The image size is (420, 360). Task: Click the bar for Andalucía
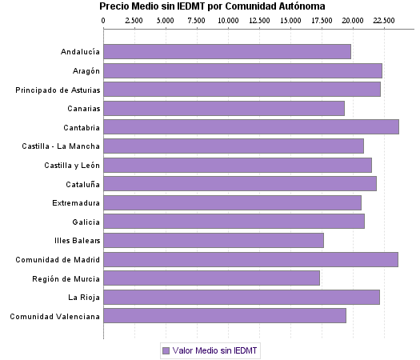click(x=227, y=52)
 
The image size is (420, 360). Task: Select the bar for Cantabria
click(x=251, y=127)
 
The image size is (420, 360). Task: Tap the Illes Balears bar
click(x=214, y=240)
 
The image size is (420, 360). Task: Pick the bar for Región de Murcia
click(x=212, y=278)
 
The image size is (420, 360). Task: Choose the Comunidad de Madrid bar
click(x=250, y=259)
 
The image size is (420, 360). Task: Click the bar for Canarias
click(x=224, y=108)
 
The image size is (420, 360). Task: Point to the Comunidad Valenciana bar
click(x=225, y=316)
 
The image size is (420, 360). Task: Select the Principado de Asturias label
click(x=58, y=90)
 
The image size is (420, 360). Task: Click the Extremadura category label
click(x=76, y=202)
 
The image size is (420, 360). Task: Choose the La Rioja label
click(x=84, y=297)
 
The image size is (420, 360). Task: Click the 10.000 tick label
click(x=228, y=18)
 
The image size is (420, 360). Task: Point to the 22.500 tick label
click(x=385, y=18)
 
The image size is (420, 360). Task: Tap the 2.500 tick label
click(x=134, y=18)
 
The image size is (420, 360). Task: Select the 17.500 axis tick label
click(x=322, y=18)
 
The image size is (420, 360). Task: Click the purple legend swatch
click(x=166, y=350)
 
